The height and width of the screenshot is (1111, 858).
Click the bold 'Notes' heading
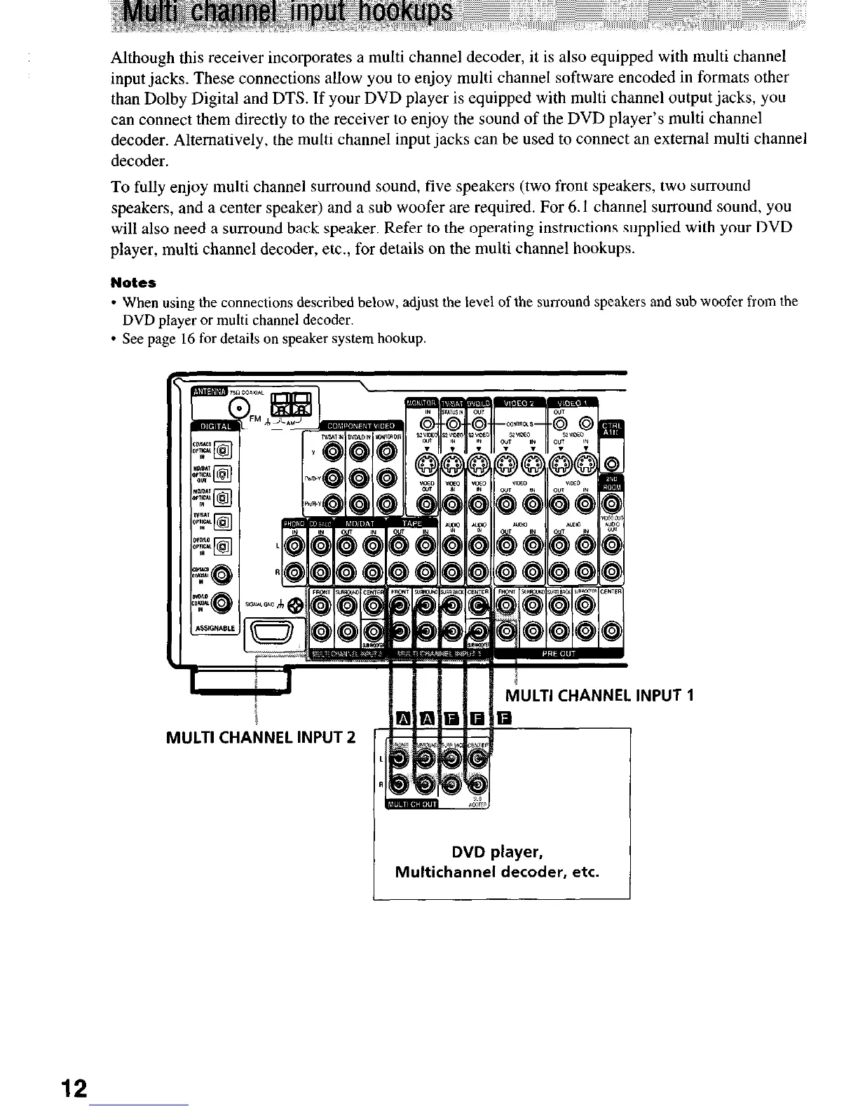point(133,283)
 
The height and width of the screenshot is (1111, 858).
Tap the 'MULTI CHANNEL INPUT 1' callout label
point(599,696)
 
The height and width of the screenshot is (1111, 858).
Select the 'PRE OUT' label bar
point(559,654)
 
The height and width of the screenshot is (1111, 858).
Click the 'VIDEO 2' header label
point(521,402)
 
